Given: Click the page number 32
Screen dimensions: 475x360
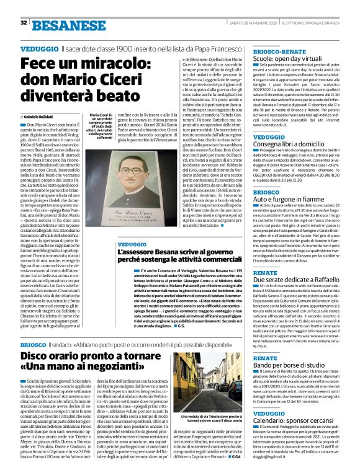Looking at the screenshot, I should pos(23,22).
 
